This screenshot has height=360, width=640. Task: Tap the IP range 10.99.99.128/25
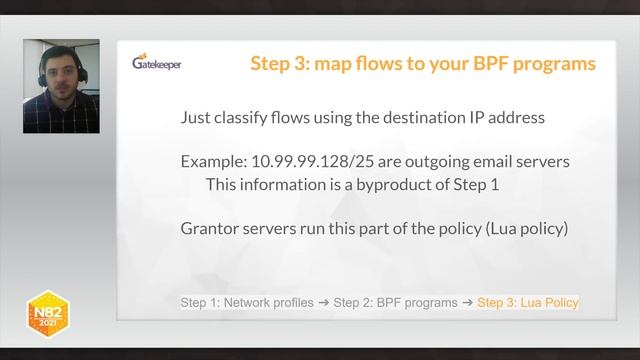[x=304, y=161]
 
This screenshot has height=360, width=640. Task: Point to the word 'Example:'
[x=213, y=161]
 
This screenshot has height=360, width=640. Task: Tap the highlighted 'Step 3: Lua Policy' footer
[x=528, y=302]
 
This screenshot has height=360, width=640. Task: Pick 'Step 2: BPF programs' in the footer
[x=395, y=302]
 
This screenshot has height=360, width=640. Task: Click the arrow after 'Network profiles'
[x=324, y=302]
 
